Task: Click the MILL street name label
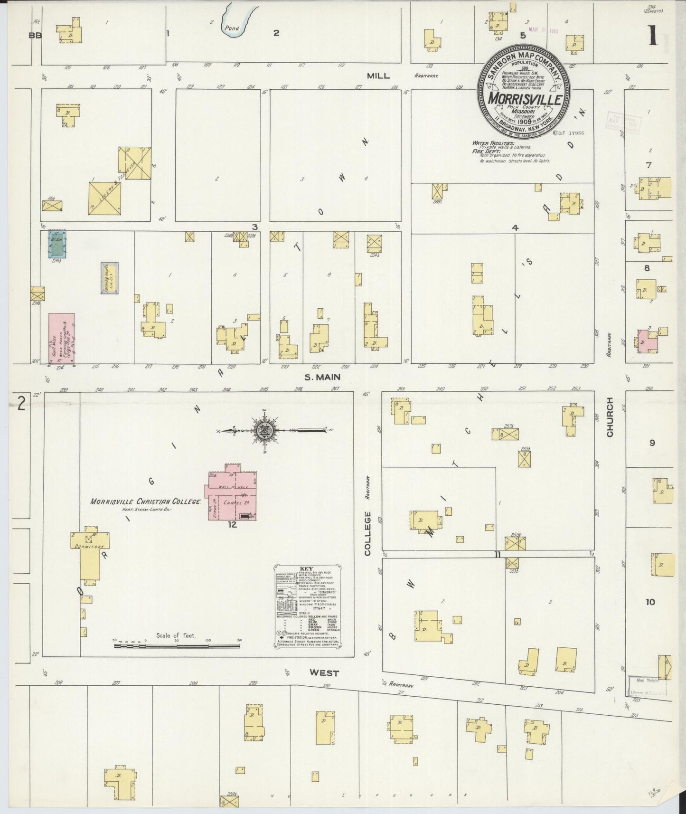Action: point(378,76)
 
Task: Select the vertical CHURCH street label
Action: point(610,417)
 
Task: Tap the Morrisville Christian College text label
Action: point(147,502)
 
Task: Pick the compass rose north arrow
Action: point(263,431)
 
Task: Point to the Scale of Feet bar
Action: point(178,645)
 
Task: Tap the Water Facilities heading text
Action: point(492,142)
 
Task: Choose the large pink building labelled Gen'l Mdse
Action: point(61,339)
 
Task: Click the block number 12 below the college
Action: point(232,524)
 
